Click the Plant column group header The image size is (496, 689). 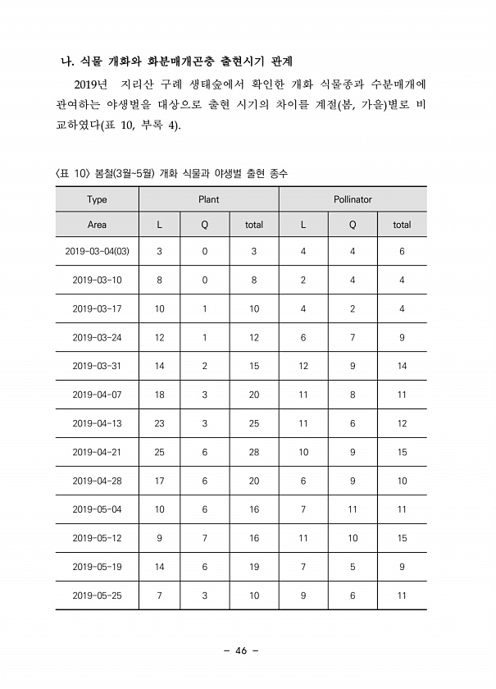click(208, 199)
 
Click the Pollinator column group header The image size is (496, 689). click(353, 199)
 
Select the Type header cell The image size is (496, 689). click(97, 199)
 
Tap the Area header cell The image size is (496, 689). click(97, 224)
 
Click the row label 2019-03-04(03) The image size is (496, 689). click(97, 251)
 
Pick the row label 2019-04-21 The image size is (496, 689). click(97, 451)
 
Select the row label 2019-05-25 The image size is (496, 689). click(97, 595)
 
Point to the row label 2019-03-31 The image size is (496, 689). click(97, 366)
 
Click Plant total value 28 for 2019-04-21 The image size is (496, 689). click(254, 451)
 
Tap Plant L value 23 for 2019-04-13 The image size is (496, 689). click(159, 423)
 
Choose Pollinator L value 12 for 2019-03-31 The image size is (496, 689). click(303, 366)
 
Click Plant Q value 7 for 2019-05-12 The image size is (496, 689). click(205, 538)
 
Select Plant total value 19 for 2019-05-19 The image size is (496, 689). click(254, 567)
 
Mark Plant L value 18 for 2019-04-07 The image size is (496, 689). click(159, 395)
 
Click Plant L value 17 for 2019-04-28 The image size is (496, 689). click(159, 481)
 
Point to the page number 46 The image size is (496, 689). click(240, 650)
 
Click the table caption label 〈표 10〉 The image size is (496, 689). click(71, 174)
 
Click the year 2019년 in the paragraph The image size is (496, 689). click(91, 84)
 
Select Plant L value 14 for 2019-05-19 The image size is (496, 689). click(159, 567)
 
